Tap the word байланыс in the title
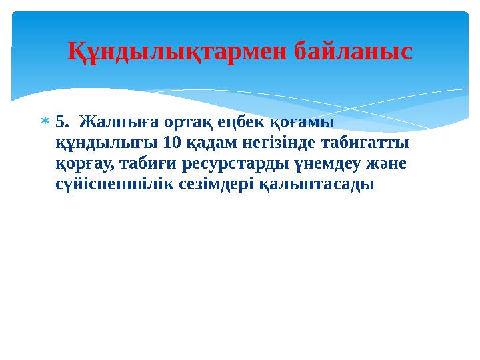[353, 51]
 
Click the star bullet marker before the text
[45, 122]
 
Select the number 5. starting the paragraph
[62, 123]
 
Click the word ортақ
[168, 123]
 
